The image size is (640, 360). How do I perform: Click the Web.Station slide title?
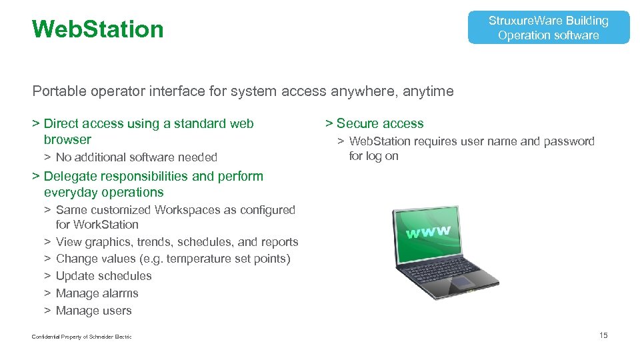point(97,29)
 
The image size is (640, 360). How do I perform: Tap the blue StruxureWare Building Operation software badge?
point(548,28)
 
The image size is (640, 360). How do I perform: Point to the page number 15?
point(603,335)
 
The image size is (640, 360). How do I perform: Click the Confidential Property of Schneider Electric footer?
point(81,337)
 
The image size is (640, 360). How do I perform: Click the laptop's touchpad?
point(461,282)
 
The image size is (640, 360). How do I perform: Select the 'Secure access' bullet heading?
point(379,123)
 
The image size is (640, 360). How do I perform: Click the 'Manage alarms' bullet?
point(97,293)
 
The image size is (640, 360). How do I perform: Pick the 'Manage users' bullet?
point(93,311)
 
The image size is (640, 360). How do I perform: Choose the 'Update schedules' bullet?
point(103,276)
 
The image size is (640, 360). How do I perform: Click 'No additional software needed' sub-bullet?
point(136,157)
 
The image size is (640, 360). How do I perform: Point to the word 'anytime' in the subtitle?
point(428,91)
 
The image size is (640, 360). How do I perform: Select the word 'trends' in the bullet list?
point(154,242)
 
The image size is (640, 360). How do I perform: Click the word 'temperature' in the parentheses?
point(198,259)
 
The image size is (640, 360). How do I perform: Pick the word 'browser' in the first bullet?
point(67,140)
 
